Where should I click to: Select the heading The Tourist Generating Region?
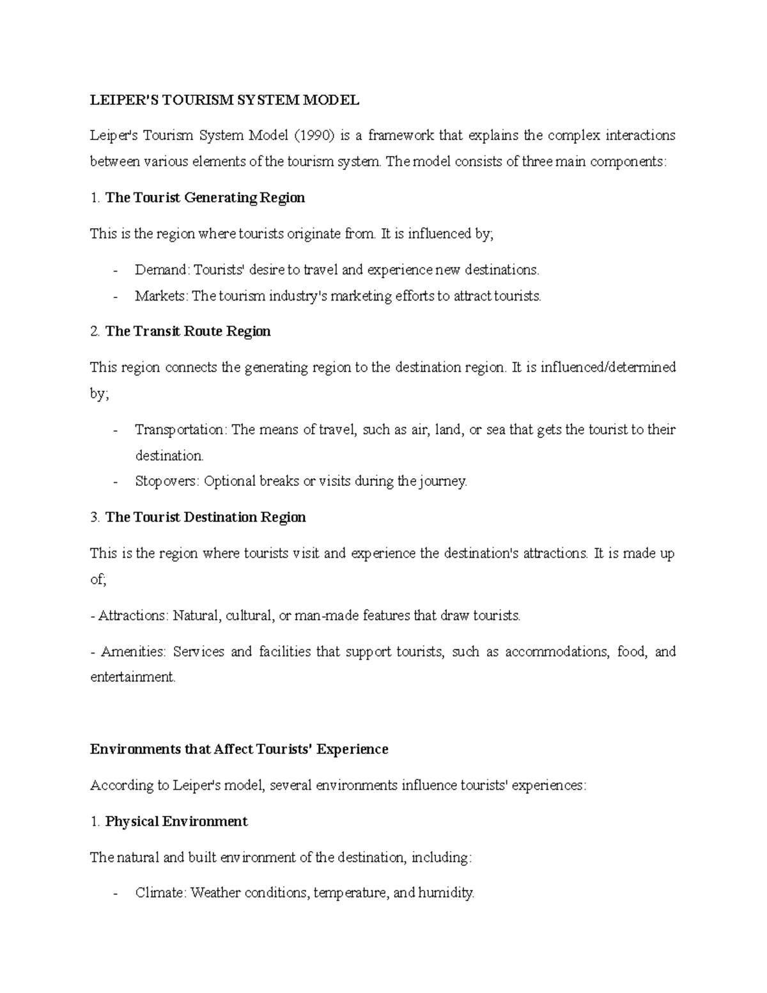[205, 198]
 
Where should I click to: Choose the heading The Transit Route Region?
[188, 331]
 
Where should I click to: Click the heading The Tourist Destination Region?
[205, 517]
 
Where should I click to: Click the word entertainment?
[132, 677]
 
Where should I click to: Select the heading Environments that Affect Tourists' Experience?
[239, 749]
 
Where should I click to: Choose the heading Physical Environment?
[176, 821]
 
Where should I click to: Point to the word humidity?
[445, 893]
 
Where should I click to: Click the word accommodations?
[557, 652]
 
